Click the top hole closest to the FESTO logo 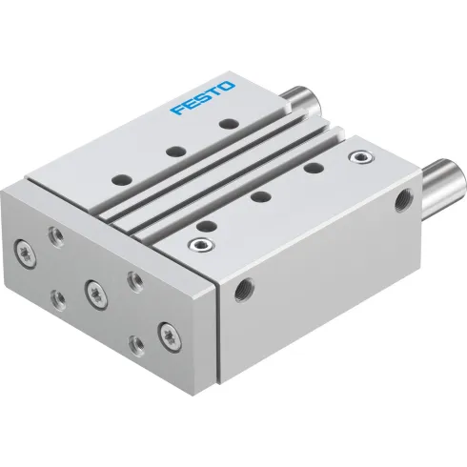(226, 124)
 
